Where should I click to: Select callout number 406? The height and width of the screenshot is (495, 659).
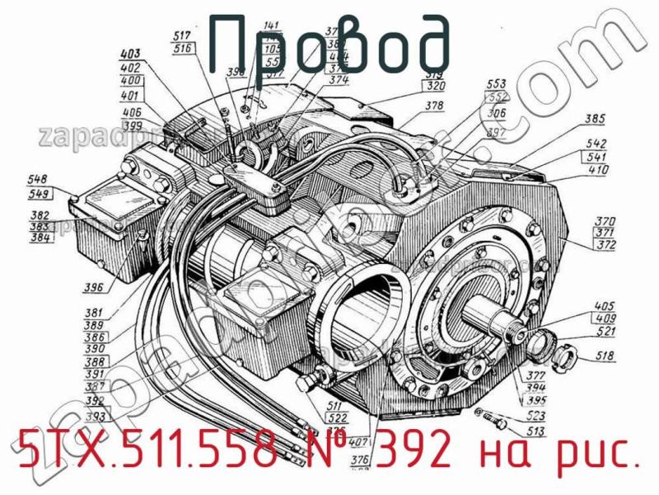(131, 113)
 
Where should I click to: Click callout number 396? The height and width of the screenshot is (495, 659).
(116, 288)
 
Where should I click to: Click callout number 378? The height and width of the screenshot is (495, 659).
(434, 106)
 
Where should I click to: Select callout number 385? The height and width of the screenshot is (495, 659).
(595, 118)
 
